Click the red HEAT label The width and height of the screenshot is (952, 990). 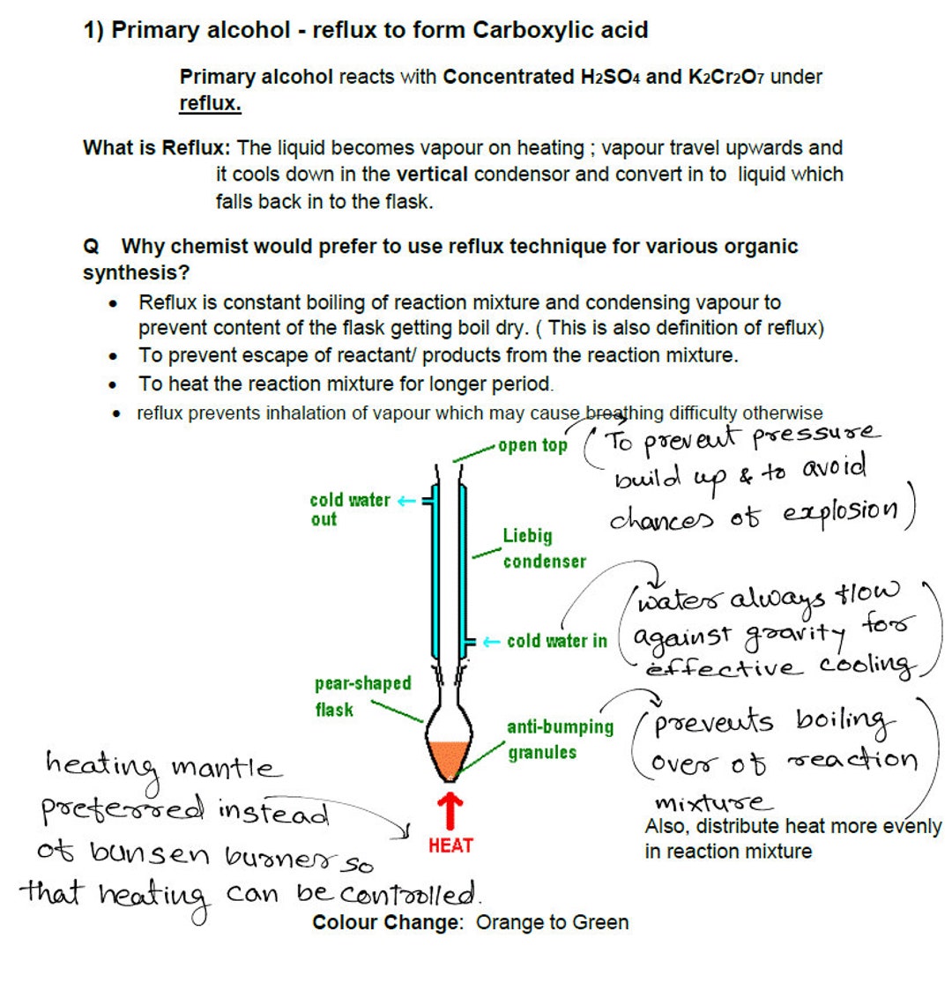tap(450, 845)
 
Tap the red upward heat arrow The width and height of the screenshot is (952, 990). tap(450, 809)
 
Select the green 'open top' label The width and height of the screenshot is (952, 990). tap(532, 445)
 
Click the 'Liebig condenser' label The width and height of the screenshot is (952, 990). tap(544, 548)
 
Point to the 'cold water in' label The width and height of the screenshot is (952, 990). tap(556, 641)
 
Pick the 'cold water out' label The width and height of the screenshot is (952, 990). tap(349, 509)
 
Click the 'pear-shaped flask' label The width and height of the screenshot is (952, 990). tap(362, 696)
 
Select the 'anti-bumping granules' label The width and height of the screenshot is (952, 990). tap(560, 739)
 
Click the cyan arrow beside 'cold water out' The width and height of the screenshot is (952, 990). tap(405, 501)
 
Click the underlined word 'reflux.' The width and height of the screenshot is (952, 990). tap(210, 103)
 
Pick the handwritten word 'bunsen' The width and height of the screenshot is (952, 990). tap(150, 853)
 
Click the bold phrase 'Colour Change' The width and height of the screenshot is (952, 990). tap(386, 922)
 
